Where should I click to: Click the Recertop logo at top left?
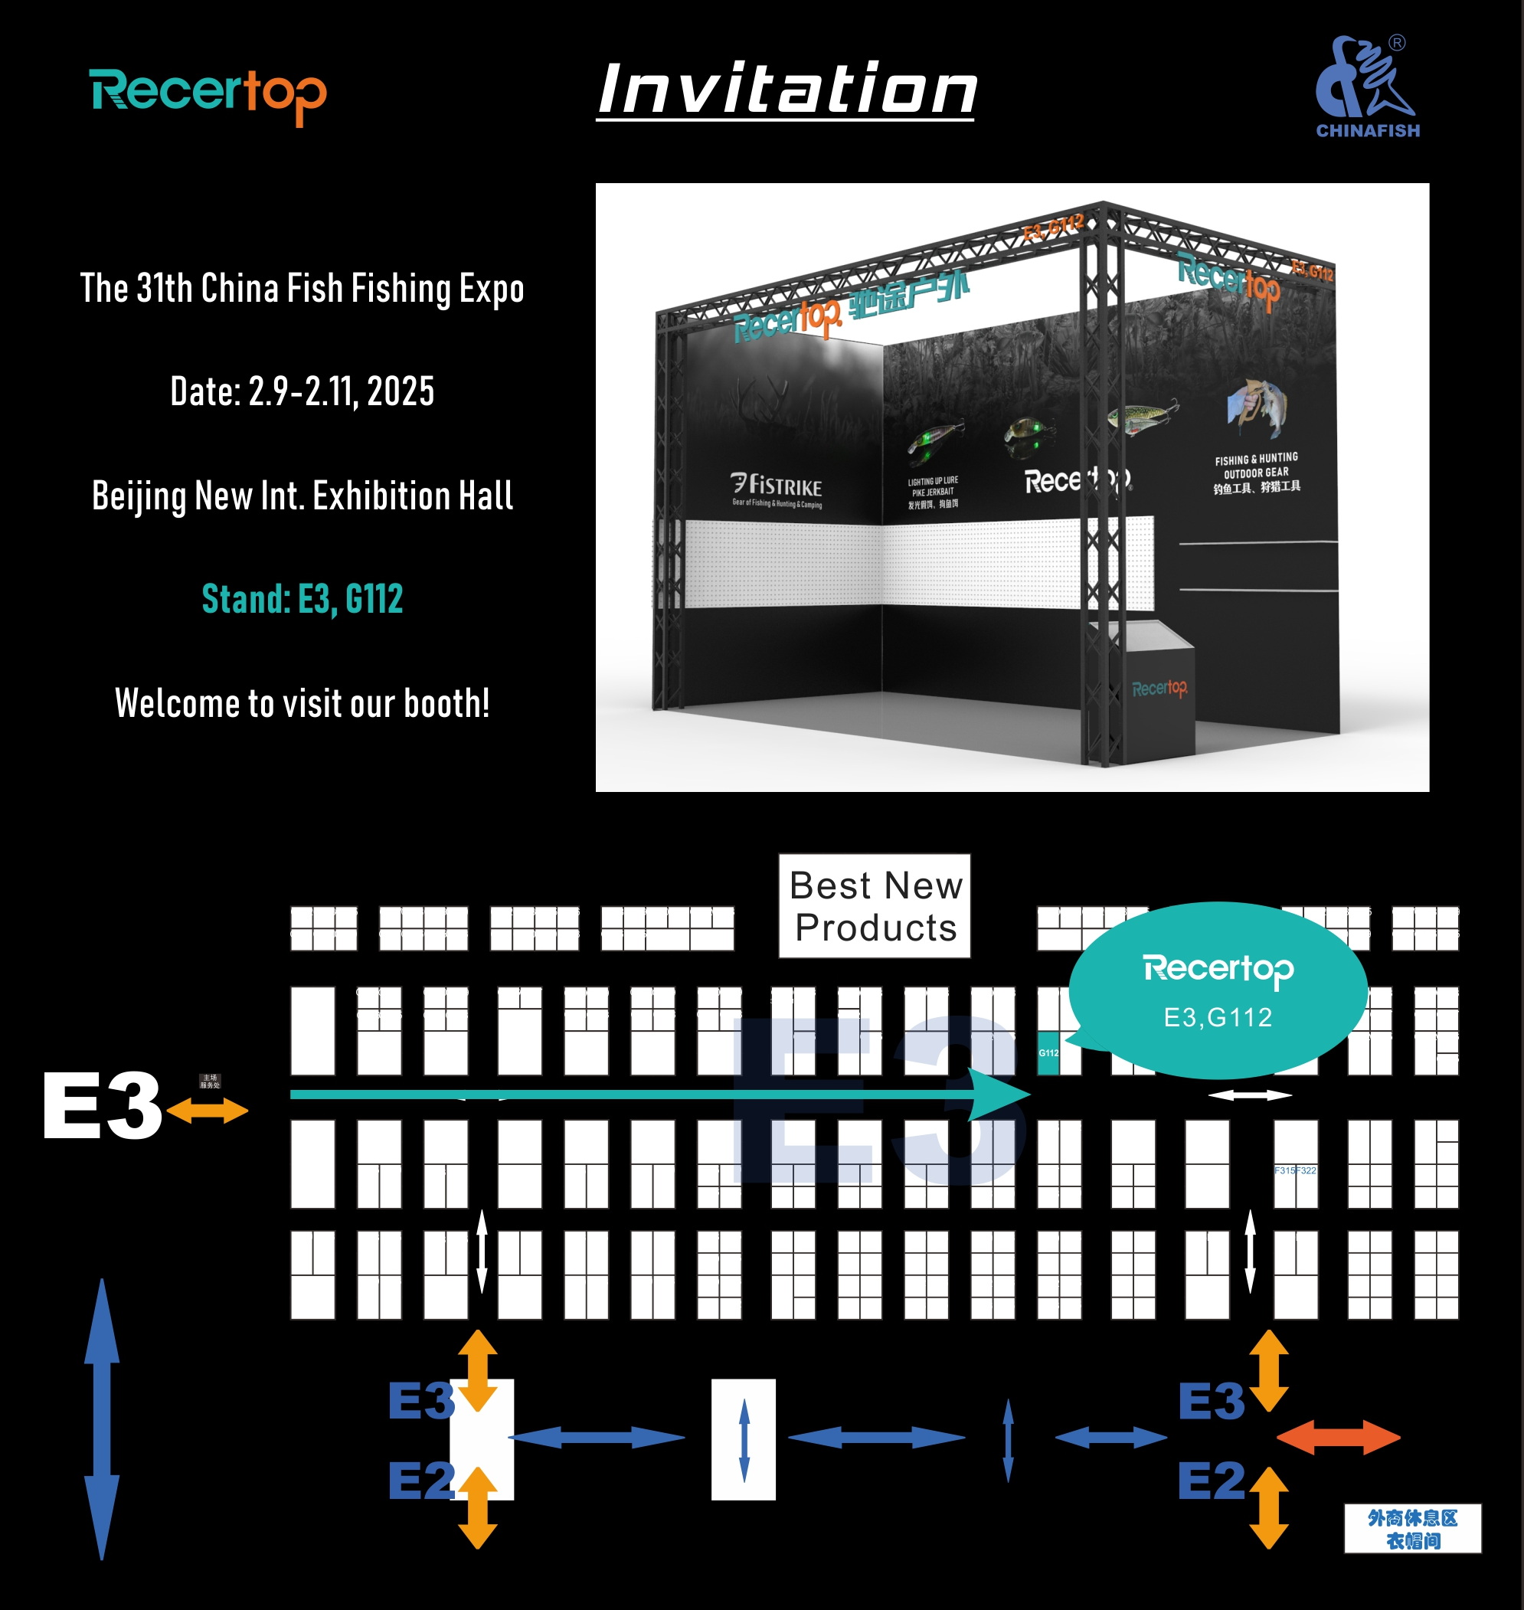pyautogui.click(x=208, y=95)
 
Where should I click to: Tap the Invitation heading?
pyautogui.click(x=787, y=90)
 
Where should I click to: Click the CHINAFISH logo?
pyautogui.click(x=1367, y=88)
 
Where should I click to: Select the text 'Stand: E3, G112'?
pyautogui.click(x=303, y=600)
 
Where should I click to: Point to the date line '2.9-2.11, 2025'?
pyautogui.click(x=303, y=391)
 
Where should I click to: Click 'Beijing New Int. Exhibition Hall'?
pyautogui.click(x=303, y=496)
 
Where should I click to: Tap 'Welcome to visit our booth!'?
pyautogui.click(x=303, y=703)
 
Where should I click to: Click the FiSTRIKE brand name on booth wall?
pyautogui.click(x=777, y=486)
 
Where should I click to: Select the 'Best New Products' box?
pyautogui.click(x=875, y=906)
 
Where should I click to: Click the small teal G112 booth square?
pyautogui.click(x=1048, y=1052)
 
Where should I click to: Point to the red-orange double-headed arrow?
pyautogui.click(x=1338, y=1437)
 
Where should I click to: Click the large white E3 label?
pyautogui.click(x=102, y=1105)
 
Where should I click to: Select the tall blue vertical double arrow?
pyautogui.click(x=103, y=1419)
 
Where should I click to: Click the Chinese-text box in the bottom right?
pyautogui.click(x=1412, y=1529)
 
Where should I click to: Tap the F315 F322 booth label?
pyautogui.click(x=1295, y=1170)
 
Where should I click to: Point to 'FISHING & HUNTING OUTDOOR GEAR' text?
pyautogui.click(x=1257, y=472)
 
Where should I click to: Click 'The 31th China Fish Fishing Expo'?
pyautogui.click(x=303, y=288)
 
